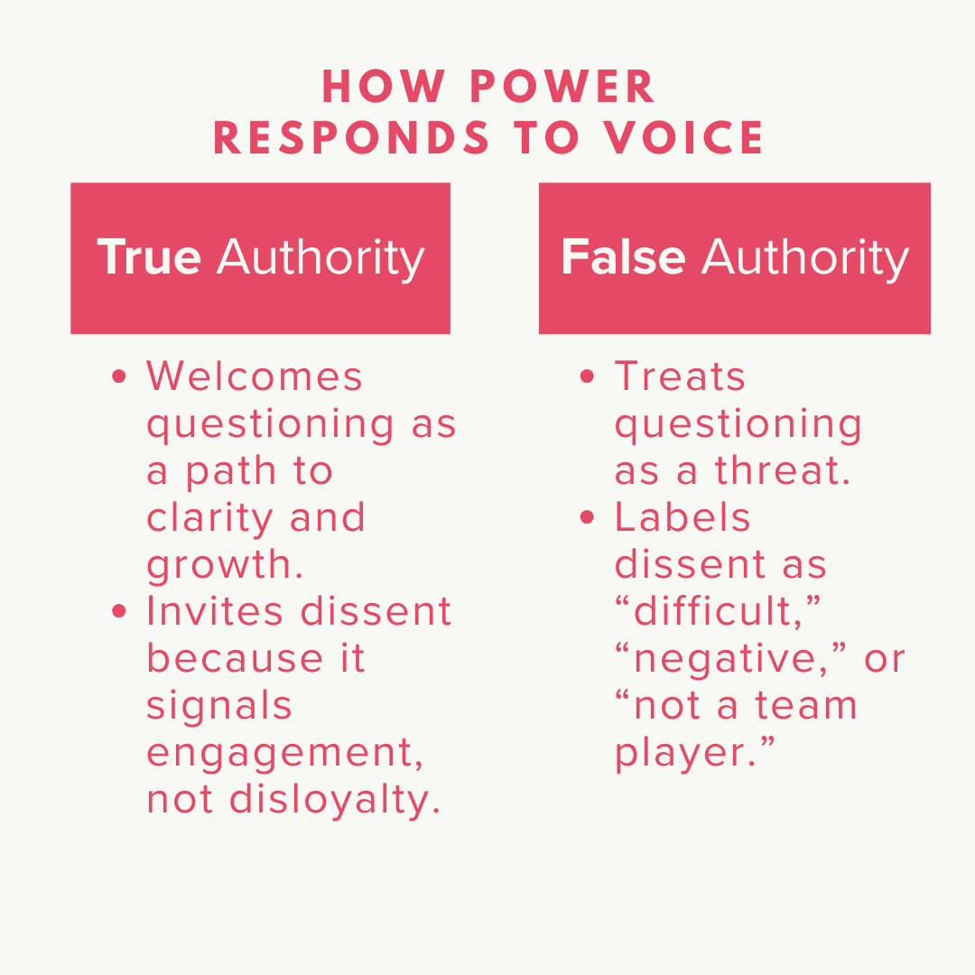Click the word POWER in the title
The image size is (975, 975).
coord(564,88)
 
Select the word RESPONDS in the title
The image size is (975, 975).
coord(352,137)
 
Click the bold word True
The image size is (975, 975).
coord(149,257)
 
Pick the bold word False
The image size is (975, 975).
coord(623,257)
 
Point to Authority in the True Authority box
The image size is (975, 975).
coord(320,257)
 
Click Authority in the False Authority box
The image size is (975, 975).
coord(805,257)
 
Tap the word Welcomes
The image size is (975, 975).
coord(255,376)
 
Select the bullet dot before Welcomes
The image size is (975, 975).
coord(119,377)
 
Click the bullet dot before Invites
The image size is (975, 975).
coord(119,612)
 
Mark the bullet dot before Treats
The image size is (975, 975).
coord(588,377)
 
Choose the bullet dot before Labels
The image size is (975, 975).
coord(588,518)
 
